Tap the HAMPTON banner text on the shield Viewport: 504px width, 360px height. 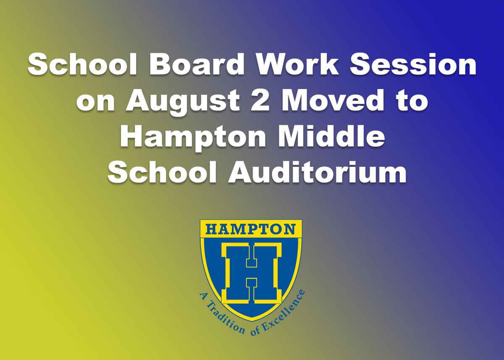(251, 230)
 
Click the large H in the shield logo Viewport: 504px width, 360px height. (251, 272)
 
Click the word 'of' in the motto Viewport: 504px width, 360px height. (256, 331)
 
